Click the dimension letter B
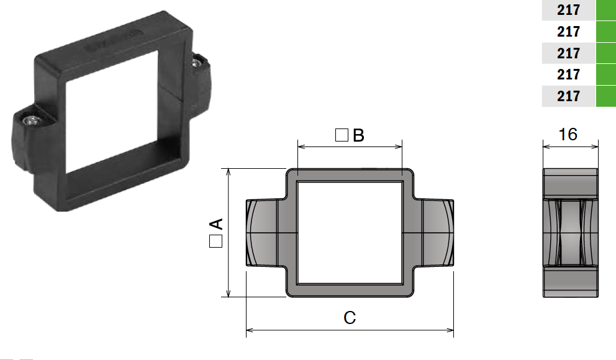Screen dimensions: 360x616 (358, 135)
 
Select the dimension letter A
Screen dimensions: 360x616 (215, 224)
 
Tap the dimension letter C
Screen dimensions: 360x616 (350, 318)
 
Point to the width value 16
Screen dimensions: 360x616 (568, 134)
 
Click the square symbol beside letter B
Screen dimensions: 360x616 (341, 135)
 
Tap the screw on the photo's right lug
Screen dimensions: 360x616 (197, 61)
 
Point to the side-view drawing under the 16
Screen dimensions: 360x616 (571, 233)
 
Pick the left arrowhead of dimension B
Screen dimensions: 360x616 (301, 147)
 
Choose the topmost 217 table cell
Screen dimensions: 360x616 (568, 10)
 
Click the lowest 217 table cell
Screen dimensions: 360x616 (568, 96)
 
